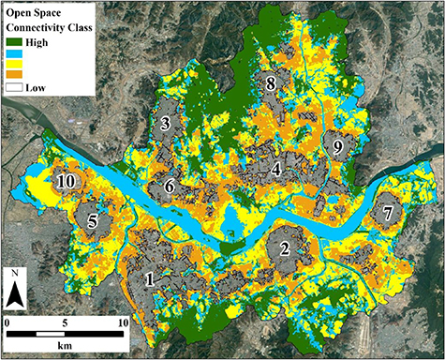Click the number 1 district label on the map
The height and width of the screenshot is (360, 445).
pos(149,278)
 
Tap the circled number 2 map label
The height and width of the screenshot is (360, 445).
pos(283,248)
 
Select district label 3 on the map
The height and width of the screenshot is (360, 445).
pos(165,123)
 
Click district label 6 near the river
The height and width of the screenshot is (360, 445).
pos(170,186)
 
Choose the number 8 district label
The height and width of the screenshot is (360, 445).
pos(271,83)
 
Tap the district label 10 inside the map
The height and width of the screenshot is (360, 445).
pos(66,181)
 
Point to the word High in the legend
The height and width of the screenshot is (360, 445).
pos(45,41)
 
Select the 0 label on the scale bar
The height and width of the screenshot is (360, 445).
pos(7,323)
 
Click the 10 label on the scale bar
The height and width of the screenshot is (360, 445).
pos(122,323)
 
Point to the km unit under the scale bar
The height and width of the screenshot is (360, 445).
pos(65,348)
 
